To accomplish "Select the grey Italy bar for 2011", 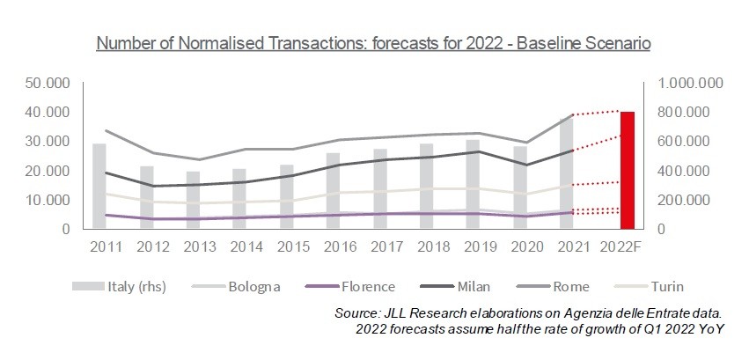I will [x=99, y=187].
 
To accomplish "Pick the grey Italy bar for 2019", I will [x=473, y=185].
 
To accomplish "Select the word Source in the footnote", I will [x=356, y=314].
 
